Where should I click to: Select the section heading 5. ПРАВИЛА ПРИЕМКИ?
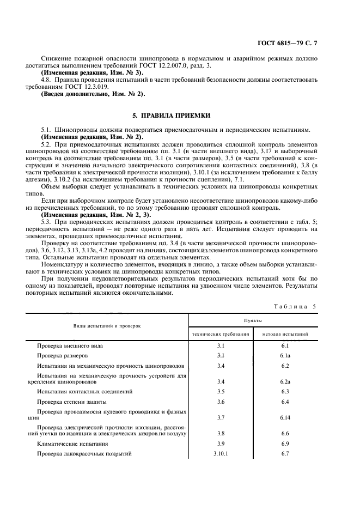[179, 116]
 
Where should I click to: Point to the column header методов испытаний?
[285, 333]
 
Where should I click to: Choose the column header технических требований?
[221, 333]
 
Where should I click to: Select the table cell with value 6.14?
[285, 417]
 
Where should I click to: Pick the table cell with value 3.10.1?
[221, 454]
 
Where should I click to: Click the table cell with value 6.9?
[285, 444]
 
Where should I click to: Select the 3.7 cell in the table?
[221, 417]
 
